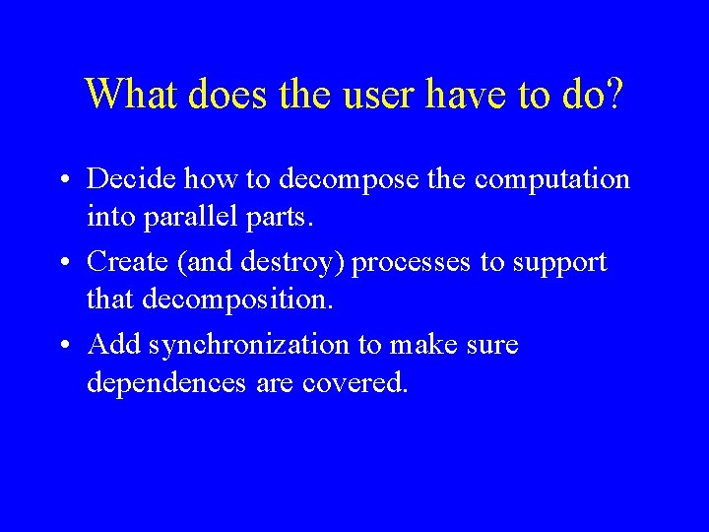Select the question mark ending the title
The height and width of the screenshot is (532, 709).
coord(613,95)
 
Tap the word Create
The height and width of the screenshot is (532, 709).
coord(125,262)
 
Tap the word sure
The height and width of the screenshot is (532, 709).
coord(493,345)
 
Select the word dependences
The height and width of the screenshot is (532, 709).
coord(163,382)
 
